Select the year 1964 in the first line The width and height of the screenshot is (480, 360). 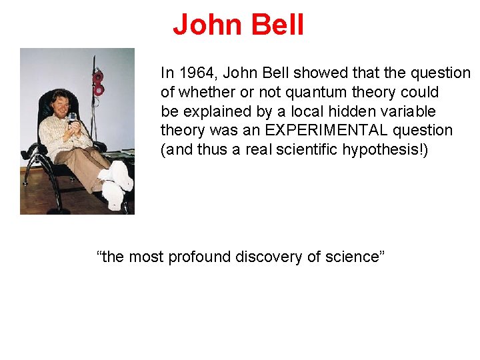194,73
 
